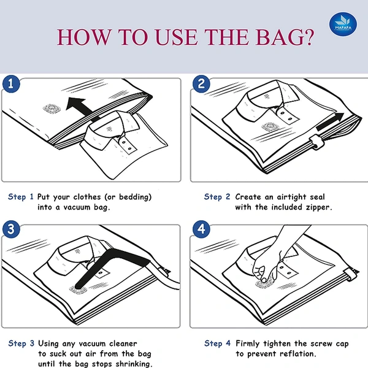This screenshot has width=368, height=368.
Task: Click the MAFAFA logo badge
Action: (x=343, y=25)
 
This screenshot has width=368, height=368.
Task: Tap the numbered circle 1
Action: (x=11, y=84)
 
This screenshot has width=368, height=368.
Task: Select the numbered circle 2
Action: (x=201, y=84)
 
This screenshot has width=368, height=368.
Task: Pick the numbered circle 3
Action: (x=11, y=229)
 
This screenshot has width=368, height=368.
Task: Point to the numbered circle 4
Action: (x=201, y=229)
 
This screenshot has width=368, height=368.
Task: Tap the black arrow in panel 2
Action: (x=331, y=121)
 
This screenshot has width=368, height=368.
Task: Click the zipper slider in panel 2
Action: (x=317, y=142)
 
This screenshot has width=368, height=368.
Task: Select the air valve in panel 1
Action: (x=52, y=108)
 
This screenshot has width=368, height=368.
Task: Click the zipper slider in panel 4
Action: (x=351, y=275)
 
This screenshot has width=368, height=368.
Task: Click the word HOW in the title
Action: (x=84, y=37)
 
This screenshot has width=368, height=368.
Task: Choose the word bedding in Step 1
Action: (x=136, y=197)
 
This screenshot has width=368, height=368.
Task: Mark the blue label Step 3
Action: (x=21, y=343)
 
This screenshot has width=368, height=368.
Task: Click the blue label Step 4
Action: (x=217, y=343)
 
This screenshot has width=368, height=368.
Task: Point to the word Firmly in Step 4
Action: (x=248, y=344)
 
